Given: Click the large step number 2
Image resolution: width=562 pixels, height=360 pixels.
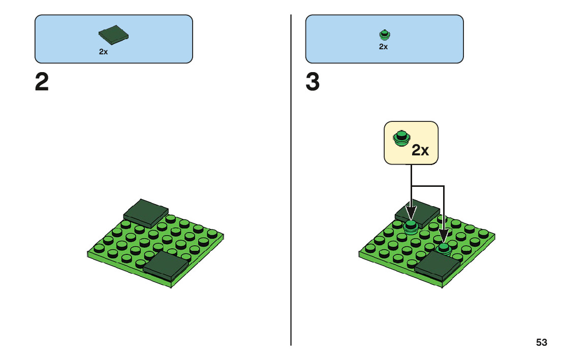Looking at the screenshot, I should [x=42, y=82].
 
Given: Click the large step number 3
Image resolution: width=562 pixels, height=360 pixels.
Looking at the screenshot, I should [x=313, y=82].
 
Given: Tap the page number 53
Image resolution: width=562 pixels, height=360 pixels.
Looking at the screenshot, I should [x=542, y=343].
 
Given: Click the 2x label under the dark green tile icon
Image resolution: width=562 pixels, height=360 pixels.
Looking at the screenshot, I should [x=103, y=51].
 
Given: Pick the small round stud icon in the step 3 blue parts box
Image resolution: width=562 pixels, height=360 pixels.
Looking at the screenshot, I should [x=385, y=35].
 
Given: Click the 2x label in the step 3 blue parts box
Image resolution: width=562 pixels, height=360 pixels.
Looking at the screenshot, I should [x=384, y=47].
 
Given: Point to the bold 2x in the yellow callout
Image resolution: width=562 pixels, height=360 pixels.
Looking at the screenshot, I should [x=420, y=150].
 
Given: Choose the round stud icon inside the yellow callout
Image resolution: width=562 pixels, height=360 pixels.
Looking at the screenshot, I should [x=401, y=138].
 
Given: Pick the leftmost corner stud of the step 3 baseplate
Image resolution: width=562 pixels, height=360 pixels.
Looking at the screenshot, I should [x=370, y=248].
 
